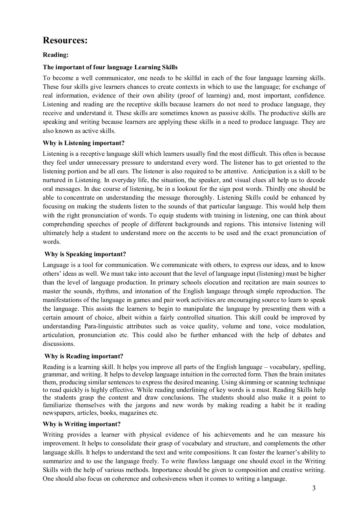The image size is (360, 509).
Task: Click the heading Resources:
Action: point(65,40)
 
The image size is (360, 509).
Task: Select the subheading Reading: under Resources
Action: point(56,55)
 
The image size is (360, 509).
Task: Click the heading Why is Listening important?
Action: point(83,143)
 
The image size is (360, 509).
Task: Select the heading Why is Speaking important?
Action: point(85,254)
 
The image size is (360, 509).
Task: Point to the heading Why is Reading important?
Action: point(84,356)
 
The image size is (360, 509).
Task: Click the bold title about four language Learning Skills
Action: point(110,67)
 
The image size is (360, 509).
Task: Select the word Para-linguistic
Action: point(104,326)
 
